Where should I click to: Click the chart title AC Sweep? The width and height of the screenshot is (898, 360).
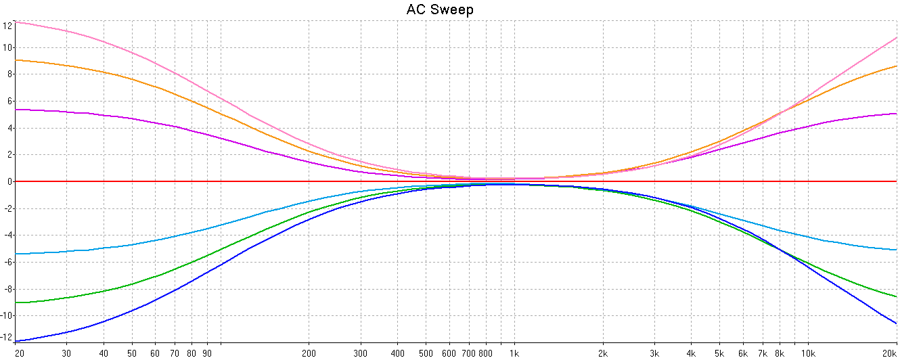pos(440,9)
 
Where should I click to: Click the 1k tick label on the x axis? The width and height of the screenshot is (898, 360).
pos(514,353)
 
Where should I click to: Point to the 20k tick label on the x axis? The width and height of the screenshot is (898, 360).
pos(889,353)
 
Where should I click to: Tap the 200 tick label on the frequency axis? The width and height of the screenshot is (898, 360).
pos(309,353)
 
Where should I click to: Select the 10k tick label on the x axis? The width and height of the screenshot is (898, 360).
pos(808,353)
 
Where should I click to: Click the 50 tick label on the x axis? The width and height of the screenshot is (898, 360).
pos(131,353)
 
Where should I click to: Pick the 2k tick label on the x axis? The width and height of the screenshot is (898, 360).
pos(602,353)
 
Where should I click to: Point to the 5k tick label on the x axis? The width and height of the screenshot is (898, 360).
pos(719,353)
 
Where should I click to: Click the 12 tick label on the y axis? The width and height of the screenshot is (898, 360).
pos(7,26)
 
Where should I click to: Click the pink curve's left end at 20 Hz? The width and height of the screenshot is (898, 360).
pos(16,22)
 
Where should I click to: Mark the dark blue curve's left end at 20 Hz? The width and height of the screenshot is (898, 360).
pos(16,341)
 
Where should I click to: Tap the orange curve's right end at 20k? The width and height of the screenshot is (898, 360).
pos(897,66)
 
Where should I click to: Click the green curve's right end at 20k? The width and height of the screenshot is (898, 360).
pos(897,296)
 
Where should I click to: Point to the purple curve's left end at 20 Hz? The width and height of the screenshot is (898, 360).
pos(16,110)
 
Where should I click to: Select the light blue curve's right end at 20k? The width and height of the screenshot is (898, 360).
pos(897,250)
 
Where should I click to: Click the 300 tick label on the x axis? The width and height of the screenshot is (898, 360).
pos(361,353)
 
